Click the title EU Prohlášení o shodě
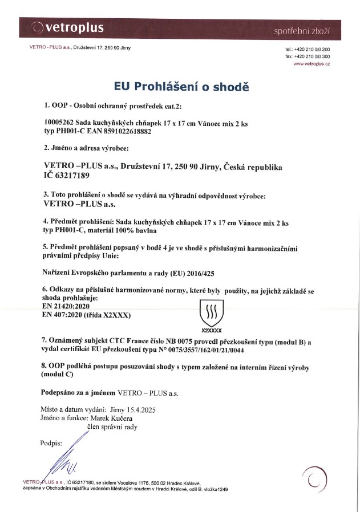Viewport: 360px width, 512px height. pyautogui.click(x=182, y=87)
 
